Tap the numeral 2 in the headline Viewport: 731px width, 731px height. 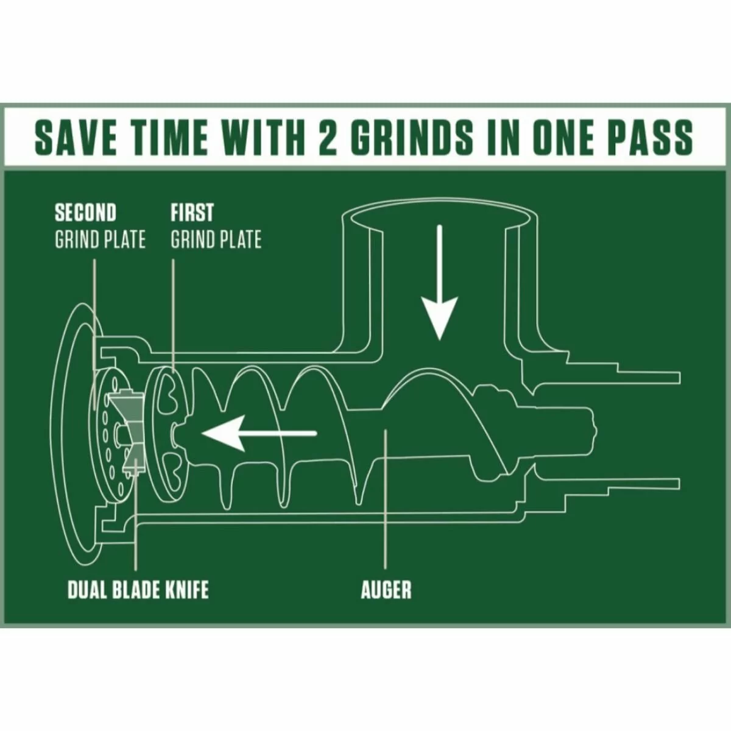(328, 137)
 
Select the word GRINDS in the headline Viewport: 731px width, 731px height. (414, 137)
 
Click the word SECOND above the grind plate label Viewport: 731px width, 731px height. (85, 213)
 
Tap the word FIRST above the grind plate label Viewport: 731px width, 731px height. (192, 213)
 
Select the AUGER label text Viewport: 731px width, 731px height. (386, 590)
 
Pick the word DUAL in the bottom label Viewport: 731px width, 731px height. (85, 590)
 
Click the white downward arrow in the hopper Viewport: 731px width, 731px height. (440, 283)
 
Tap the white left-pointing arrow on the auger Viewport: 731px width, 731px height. (259, 433)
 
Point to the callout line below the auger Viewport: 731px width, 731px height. (385, 499)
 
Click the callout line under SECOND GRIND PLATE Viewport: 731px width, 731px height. (94, 334)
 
